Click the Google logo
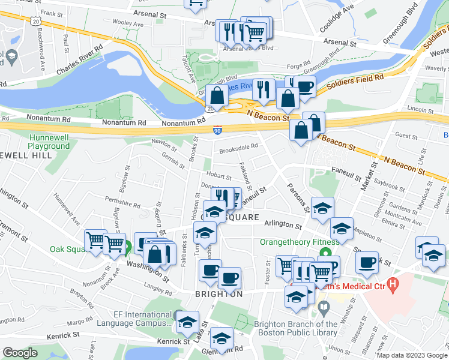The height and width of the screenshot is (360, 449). [20, 353]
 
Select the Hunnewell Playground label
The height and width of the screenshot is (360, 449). [49, 142]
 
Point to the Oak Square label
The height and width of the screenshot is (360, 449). [65, 249]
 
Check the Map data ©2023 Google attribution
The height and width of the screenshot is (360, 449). [411, 355]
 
